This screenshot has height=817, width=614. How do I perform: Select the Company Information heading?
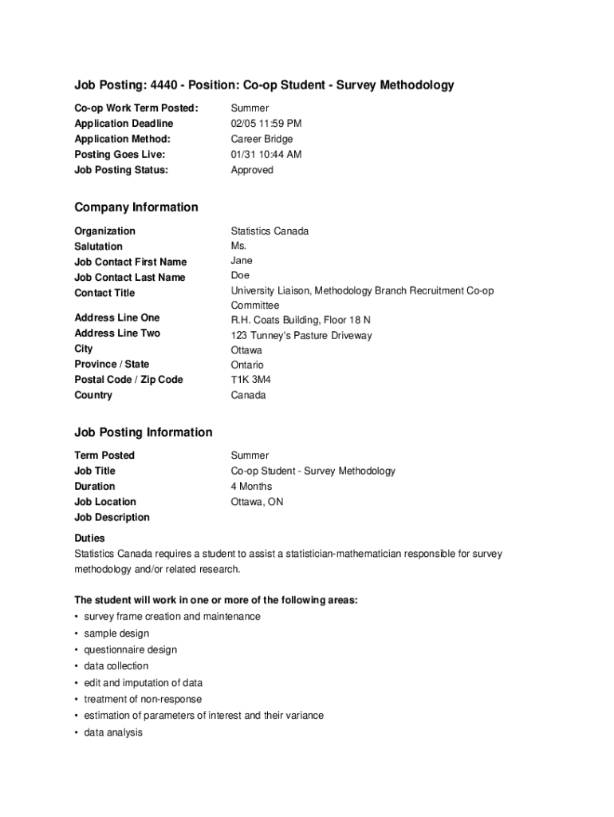[136, 207]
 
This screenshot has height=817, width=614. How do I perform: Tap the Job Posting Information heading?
[144, 432]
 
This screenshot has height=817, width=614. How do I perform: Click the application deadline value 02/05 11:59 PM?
[266, 124]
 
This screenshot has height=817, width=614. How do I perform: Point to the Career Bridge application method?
[262, 139]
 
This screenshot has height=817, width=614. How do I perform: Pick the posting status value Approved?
[252, 170]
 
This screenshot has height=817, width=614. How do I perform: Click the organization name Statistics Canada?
[270, 231]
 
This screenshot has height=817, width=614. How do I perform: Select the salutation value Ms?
[239, 246]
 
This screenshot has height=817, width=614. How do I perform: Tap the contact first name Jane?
[242, 261]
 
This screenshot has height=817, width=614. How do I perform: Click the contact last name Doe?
[241, 275]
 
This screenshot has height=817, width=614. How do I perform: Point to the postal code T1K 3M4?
[251, 380]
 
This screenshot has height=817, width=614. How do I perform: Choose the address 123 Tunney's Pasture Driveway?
[301, 336]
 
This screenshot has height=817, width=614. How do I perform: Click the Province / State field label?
[112, 364]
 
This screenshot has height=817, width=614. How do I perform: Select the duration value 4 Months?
[251, 487]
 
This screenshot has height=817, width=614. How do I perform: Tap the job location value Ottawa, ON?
[257, 502]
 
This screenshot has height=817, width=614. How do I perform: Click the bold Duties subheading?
[89, 539]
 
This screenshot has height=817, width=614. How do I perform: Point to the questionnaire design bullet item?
[130, 649]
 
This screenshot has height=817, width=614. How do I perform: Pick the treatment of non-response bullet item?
[143, 699]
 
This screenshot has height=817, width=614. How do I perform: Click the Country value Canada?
[249, 396]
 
